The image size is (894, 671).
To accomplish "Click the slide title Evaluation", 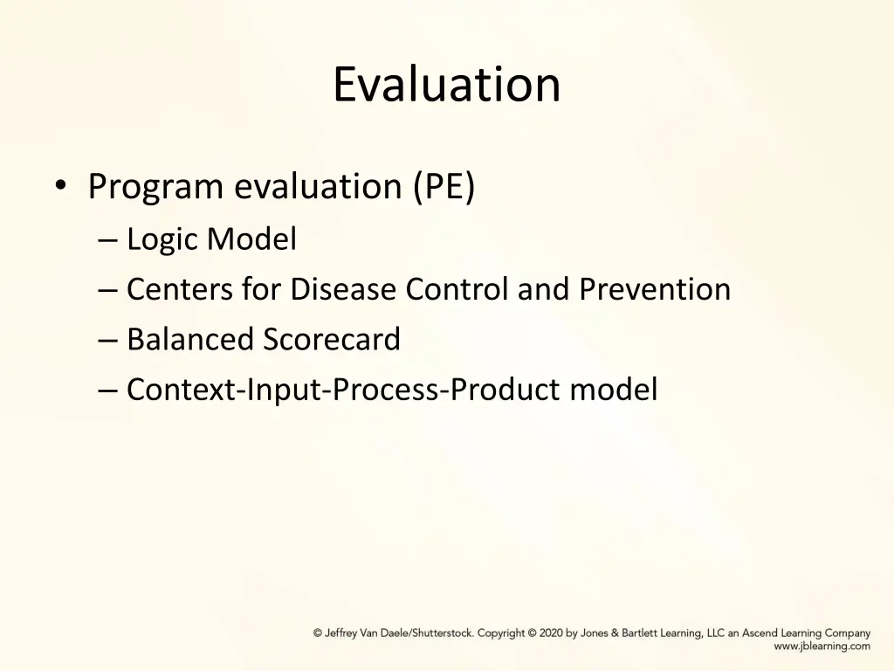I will tap(446, 85).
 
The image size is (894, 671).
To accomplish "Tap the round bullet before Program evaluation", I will tap(59, 186).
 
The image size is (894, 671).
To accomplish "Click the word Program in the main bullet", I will tap(155, 187).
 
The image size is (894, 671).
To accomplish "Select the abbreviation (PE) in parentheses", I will tap(444, 187).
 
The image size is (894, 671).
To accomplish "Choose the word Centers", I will tap(180, 289).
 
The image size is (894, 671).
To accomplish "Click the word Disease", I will tap(344, 289).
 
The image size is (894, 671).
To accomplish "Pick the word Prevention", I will tap(655, 289).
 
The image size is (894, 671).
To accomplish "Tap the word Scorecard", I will tap(332, 339).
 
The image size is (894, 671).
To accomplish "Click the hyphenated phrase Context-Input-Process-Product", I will tap(344, 390).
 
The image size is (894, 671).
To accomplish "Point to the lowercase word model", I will tap(614, 390).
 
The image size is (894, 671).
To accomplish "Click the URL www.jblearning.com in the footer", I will tap(822, 647).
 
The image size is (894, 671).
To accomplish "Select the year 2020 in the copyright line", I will tap(551, 633).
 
